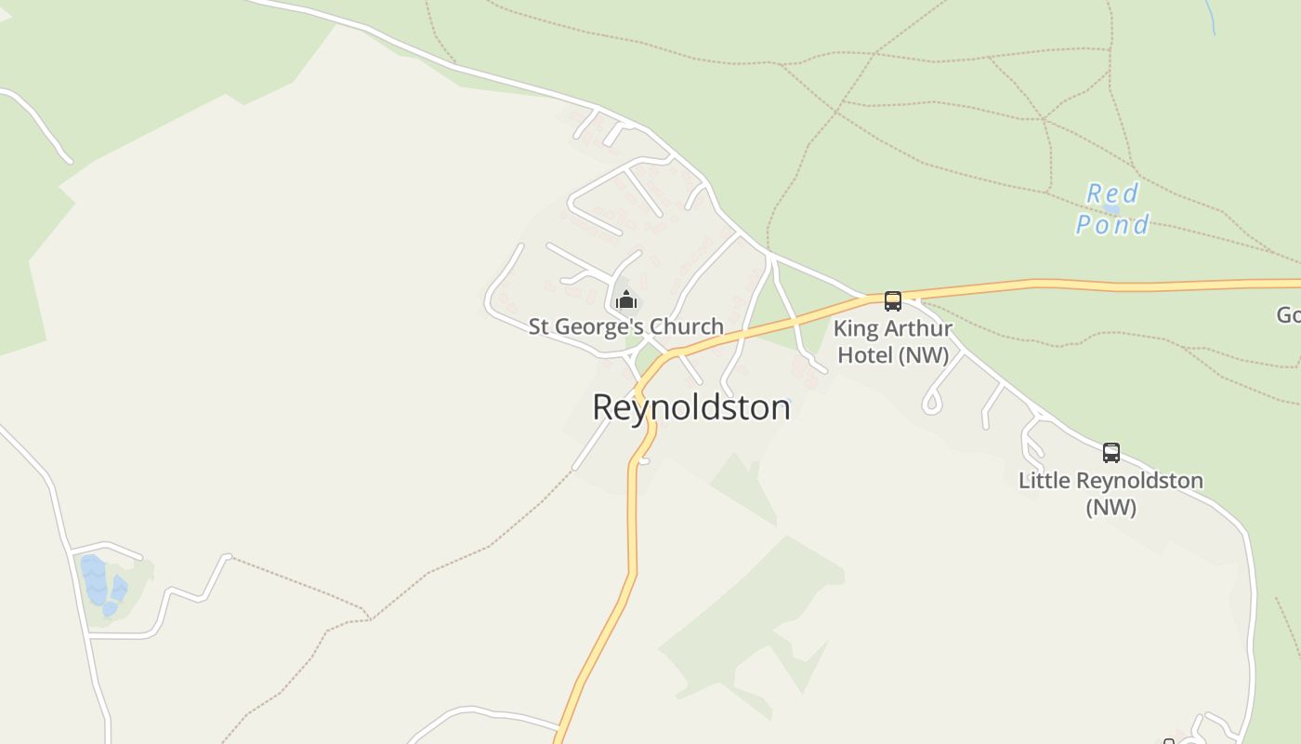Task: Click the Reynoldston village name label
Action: click(x=691, y=407)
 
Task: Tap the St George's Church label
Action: click(x=625, y=326)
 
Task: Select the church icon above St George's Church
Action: click(x=626, y=299)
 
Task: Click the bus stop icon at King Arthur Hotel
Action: click(x=893, y=301)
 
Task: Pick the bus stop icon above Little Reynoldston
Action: click(x=1111, y=453)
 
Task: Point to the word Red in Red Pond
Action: click(x=1113, y=193)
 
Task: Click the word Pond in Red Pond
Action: click(x=1112, y=224)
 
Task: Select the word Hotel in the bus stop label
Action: click(x=865, y=355)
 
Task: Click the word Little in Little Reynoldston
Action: click(x=1042, y=481)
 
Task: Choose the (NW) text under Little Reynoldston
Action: click(x=1111, y=508)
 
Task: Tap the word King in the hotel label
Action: click(x=856, y=329)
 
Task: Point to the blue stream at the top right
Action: click(x=1210, y=17)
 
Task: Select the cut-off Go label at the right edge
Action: click(x=1288, y=315)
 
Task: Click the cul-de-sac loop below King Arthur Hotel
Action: click(x=932, y=403)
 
